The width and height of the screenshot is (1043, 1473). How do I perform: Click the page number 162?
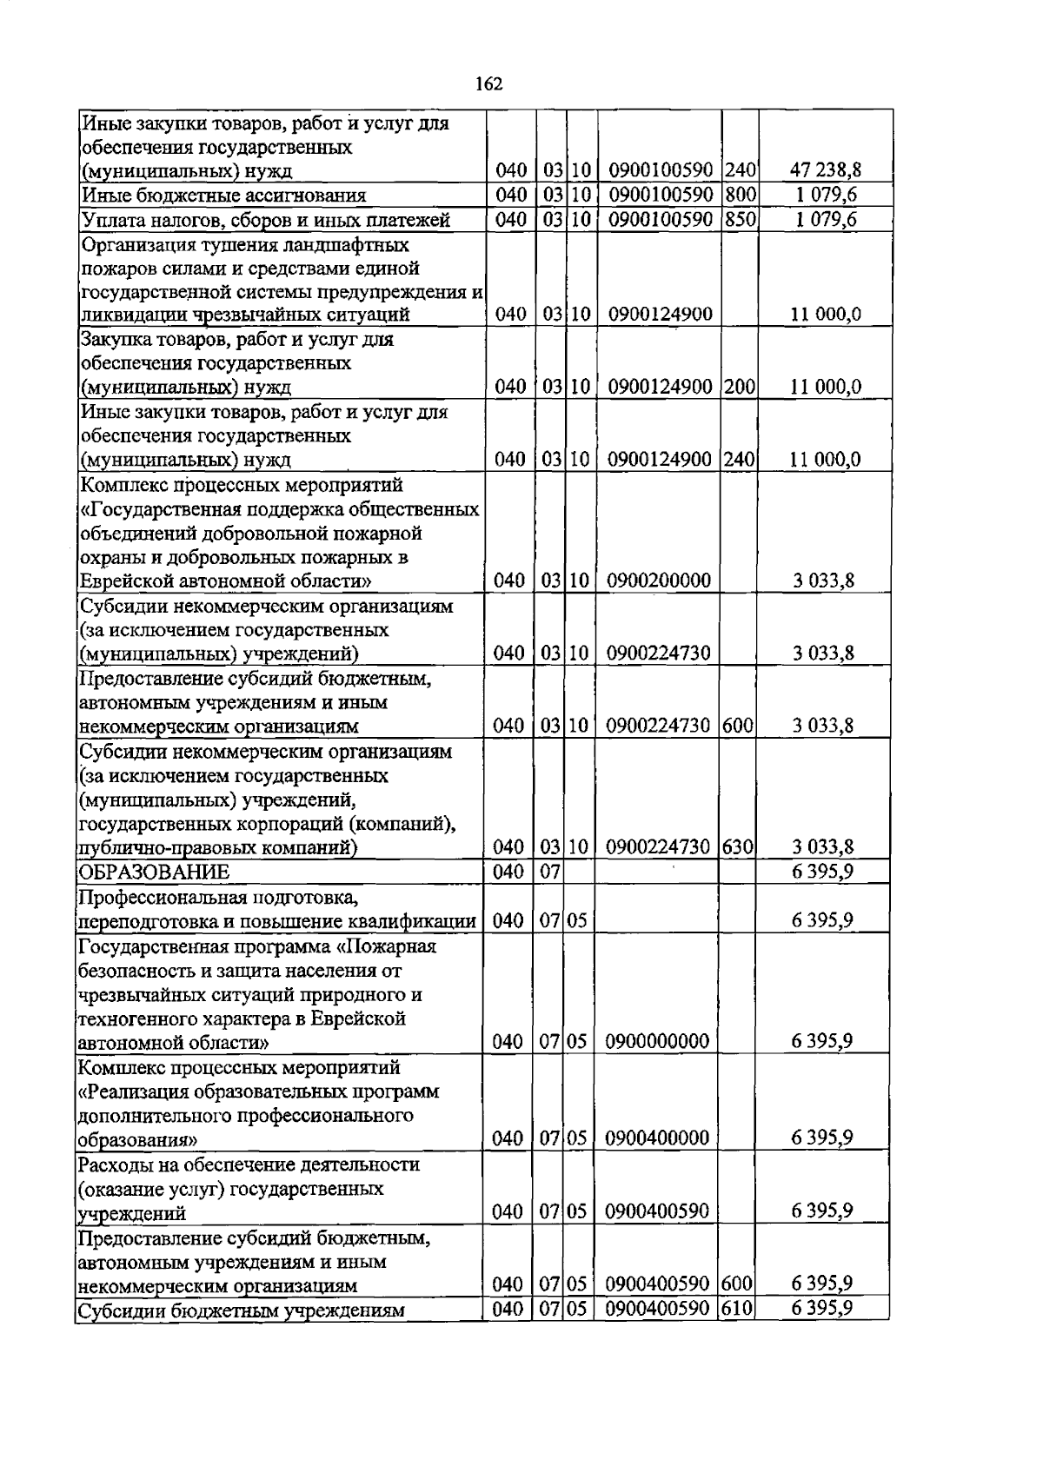[x=489, y=83]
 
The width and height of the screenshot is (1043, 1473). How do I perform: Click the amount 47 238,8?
[x=825, y=169]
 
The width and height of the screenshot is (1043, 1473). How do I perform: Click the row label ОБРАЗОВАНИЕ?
[x=154, y=872]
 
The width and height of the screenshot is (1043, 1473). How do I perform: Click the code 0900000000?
[x=658, y=1041]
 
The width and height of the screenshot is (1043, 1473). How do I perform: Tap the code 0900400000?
[x=658, y=1138]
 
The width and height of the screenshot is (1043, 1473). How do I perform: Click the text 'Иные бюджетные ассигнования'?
[x=223, y=196]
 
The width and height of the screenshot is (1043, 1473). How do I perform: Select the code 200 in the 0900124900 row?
[x=739, y=387]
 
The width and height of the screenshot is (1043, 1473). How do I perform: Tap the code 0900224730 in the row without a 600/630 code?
[x=659, y=654]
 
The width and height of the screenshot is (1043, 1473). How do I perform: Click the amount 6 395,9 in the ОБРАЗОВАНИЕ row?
[x=821, y=872]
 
